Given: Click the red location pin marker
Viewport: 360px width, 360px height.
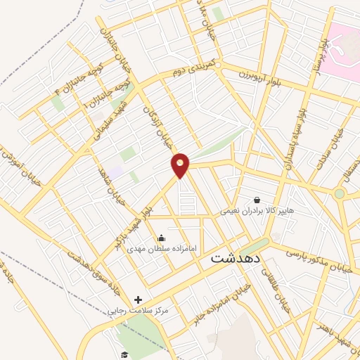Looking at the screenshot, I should coord(181,165).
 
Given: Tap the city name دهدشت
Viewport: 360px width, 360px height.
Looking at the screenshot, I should coord(236,259).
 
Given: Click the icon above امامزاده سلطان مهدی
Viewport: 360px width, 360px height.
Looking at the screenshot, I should coord(163,238).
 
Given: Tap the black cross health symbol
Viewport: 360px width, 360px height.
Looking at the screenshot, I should coord(138,300).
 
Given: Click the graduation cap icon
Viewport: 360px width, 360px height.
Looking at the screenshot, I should coord(124,354).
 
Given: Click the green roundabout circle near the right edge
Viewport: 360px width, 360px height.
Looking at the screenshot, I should coord(340,193).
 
